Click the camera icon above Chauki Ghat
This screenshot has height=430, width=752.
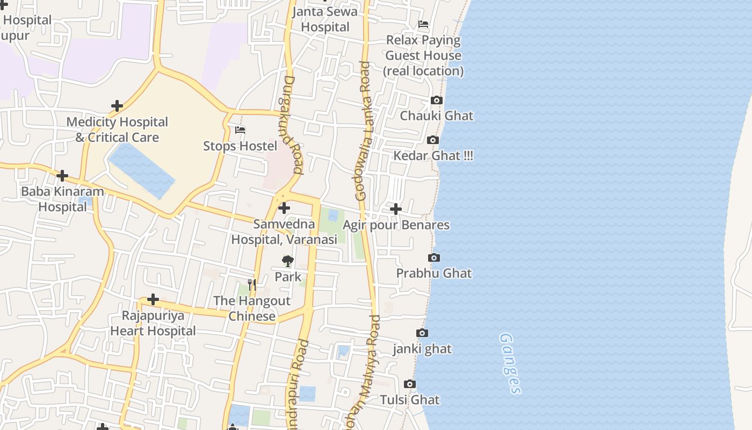437,101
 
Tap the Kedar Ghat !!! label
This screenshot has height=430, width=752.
433,156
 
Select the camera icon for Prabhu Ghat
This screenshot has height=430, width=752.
434,258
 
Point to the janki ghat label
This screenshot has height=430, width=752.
422,349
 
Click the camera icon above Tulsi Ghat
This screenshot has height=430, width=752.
410,384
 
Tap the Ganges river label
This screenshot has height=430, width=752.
510,363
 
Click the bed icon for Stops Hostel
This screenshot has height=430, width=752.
240,130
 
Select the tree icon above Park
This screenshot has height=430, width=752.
288,261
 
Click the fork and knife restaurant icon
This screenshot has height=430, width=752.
252,284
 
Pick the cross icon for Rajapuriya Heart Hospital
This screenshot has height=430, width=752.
153,299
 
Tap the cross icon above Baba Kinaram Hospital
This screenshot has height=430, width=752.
62,176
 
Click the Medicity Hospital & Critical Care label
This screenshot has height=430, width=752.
117,130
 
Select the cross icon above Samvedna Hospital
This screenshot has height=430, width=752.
284,208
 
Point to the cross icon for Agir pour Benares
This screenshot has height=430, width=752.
396,209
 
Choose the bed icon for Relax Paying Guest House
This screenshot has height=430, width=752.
423,24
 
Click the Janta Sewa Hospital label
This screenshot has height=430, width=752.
325,19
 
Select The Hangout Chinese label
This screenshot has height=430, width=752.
252,308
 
